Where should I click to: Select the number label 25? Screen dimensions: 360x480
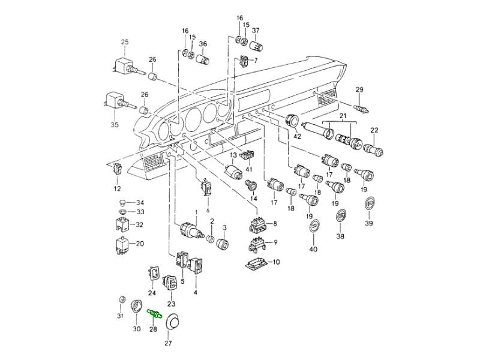pyautogui.click(x=125, y=41)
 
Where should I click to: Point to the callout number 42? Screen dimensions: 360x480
pyautogui.click(x=296, y=136)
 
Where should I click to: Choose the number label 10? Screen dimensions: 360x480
pyautogui.click(x=276, y=262)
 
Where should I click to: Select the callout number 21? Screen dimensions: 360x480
pyautogui.click(x=343, y=115)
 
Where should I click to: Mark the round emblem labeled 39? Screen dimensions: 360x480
pyautogui.click(x=370, y=205)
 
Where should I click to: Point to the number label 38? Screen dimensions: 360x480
pyautogui.click(x=340, y=236)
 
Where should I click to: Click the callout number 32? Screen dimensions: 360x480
pyautogui.click(x=139, y=225)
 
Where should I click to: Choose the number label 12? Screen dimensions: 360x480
pyautogui.click(x=117, y=188)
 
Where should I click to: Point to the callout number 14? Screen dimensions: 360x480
pyautogui.click(x=253, y=198)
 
